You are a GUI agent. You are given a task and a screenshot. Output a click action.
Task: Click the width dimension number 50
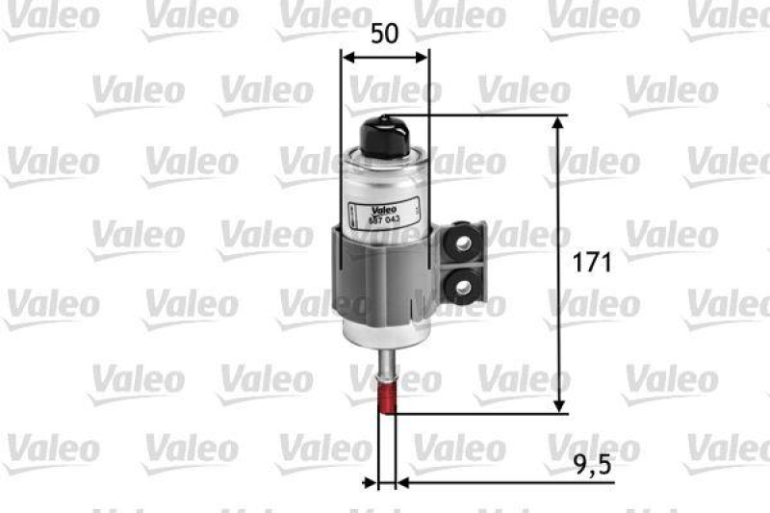pos(385,35)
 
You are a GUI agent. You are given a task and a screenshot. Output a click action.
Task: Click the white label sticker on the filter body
pos(385,213)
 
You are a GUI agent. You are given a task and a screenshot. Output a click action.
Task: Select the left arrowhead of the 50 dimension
pos(348,57)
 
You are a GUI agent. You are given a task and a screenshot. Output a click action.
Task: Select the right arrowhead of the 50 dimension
pos(423,57)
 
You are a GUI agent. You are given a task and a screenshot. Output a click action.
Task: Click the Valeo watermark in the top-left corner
pos(48,16)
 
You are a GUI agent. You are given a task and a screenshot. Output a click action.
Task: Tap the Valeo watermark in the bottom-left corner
pos(53,449)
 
